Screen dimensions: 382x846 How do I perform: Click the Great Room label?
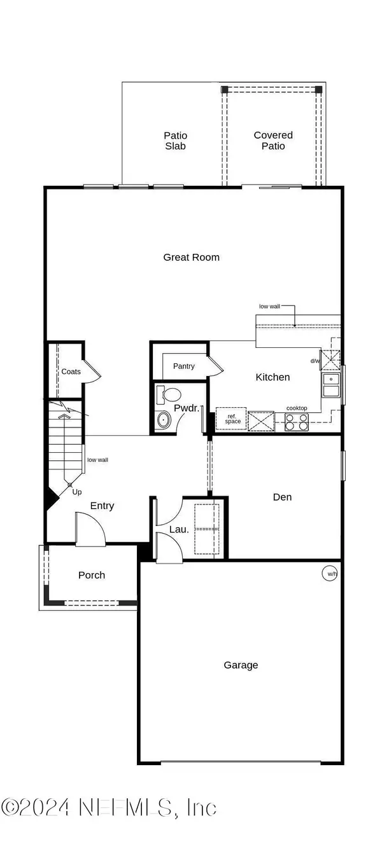click(191, 257)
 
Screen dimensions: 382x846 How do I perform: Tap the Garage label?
click(241, 665)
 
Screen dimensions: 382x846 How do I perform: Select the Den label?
click(282, 497)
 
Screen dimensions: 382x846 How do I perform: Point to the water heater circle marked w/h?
click(329, 574)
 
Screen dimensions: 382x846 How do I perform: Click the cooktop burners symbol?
click(297, 422)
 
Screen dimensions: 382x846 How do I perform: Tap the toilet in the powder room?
click(169, 394)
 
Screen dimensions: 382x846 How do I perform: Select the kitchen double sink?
click(330, 385)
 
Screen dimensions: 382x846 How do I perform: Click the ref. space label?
click(232, 419)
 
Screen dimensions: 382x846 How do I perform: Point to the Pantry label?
click(184, 366)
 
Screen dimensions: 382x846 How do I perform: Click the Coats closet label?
click(71, 371)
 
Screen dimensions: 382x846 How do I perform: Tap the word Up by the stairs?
click(76, 492)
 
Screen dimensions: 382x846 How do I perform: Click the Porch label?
click(92, 575)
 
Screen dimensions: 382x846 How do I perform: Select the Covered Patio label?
click(273, 141)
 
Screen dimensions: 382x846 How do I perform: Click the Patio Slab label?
click(175, 141)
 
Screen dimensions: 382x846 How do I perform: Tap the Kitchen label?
click(272, 377)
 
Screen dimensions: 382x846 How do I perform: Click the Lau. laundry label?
click(179, 529)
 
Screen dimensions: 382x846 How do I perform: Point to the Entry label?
click(102, 506)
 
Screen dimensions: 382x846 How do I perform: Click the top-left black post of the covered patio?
click(225, 90)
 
